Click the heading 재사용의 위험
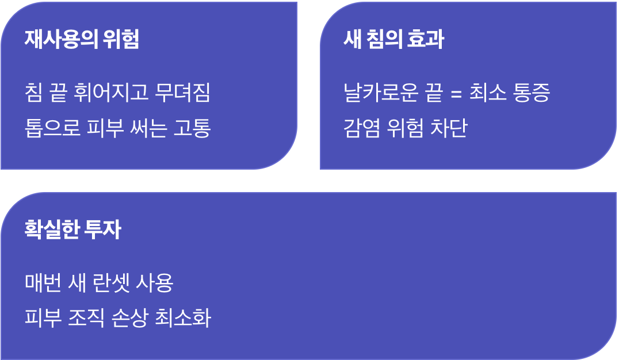pos(82,39)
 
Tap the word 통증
pos(532,93)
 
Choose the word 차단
pos(449,128)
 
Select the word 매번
pos(43,282)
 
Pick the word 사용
pos(155,282)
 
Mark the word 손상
pos(130,317)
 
